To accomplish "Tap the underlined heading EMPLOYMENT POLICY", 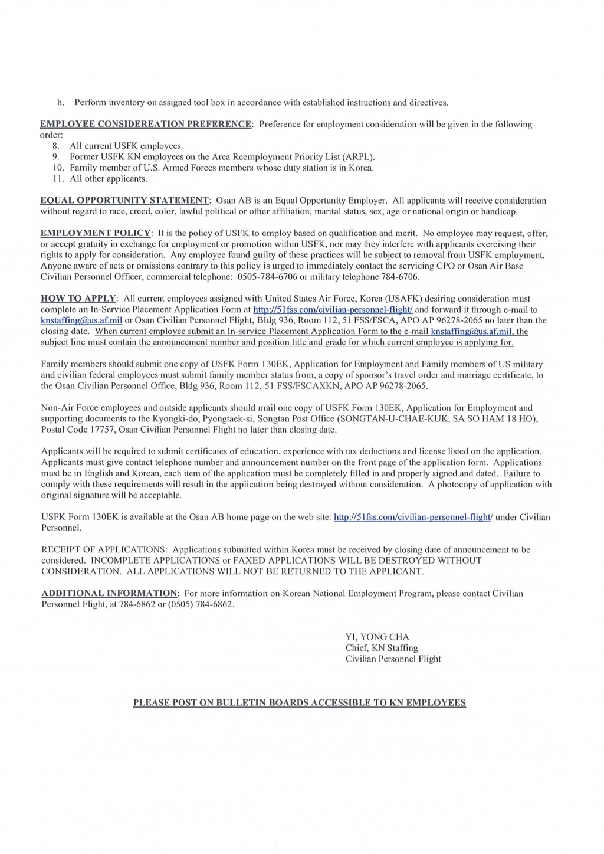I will coord(96,233).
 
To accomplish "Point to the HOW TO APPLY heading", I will coord(78,299).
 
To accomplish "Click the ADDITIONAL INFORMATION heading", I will coord(109,594).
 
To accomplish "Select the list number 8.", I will coord(56,146).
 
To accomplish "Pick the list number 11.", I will coord(58,179).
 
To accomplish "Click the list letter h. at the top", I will coord(60,103).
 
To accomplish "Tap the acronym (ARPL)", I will coord(356,157).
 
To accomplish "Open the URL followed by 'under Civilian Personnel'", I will coord(412,518).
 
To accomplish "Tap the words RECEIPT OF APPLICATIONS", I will coord(104,550).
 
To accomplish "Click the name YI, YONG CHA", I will coord(377,637).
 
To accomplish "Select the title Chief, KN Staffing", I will coord(382,648).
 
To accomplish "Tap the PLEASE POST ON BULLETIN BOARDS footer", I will coord(300,703).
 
